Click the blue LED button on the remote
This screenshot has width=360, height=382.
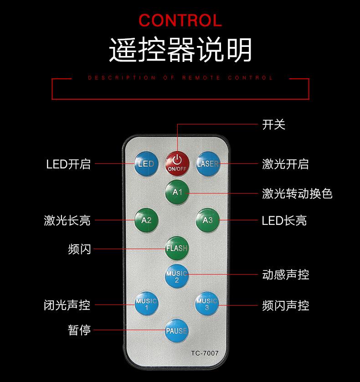coord(146,163)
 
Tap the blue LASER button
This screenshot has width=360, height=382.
coord(207,163)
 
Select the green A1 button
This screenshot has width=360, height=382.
coord(177,192)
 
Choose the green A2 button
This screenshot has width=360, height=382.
coord(146,220)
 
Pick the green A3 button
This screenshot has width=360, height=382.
coord(207,220)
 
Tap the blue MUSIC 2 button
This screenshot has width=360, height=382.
coord(177,275)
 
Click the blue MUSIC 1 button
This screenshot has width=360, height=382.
coord(146,304)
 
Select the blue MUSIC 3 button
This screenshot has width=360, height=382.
coord(207,304)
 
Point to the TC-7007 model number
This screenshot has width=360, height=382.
coord(205,353)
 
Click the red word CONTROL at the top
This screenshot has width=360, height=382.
coord(180,20)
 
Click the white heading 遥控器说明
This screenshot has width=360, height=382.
coord(180,50)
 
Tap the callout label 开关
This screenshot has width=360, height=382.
coord(274,124)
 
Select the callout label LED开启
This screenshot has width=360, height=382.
coord(68,164)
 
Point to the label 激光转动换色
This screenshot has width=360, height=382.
coord(297,194)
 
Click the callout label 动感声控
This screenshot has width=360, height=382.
coord(286,275)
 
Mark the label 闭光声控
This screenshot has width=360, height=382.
coord(67,305)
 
